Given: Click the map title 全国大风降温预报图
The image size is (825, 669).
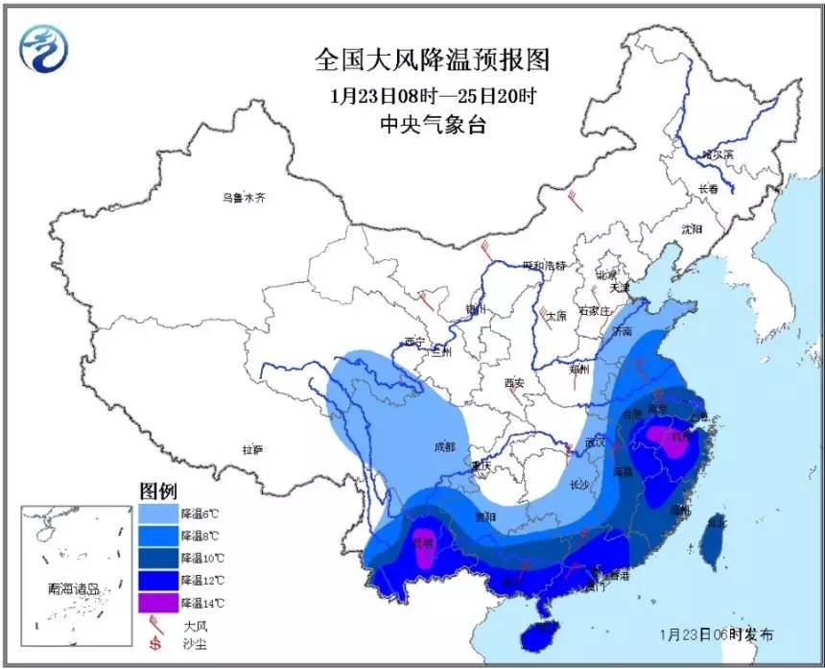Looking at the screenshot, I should tap(433, 60).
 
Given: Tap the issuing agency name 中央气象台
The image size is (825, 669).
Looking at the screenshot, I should tap(433, 125).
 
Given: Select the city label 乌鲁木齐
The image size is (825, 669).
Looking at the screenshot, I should tap(244, 198).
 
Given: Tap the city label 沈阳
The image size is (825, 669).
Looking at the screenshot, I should tap(691, 228).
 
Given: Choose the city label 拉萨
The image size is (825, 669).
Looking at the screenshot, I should tap(252, 448).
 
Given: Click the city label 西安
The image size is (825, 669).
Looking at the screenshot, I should tap(514, 383).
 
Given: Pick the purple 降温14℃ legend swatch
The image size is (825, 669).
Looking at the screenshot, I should tap(156, 604).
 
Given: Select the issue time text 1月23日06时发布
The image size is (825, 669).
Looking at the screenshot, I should tap(716, 634).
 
